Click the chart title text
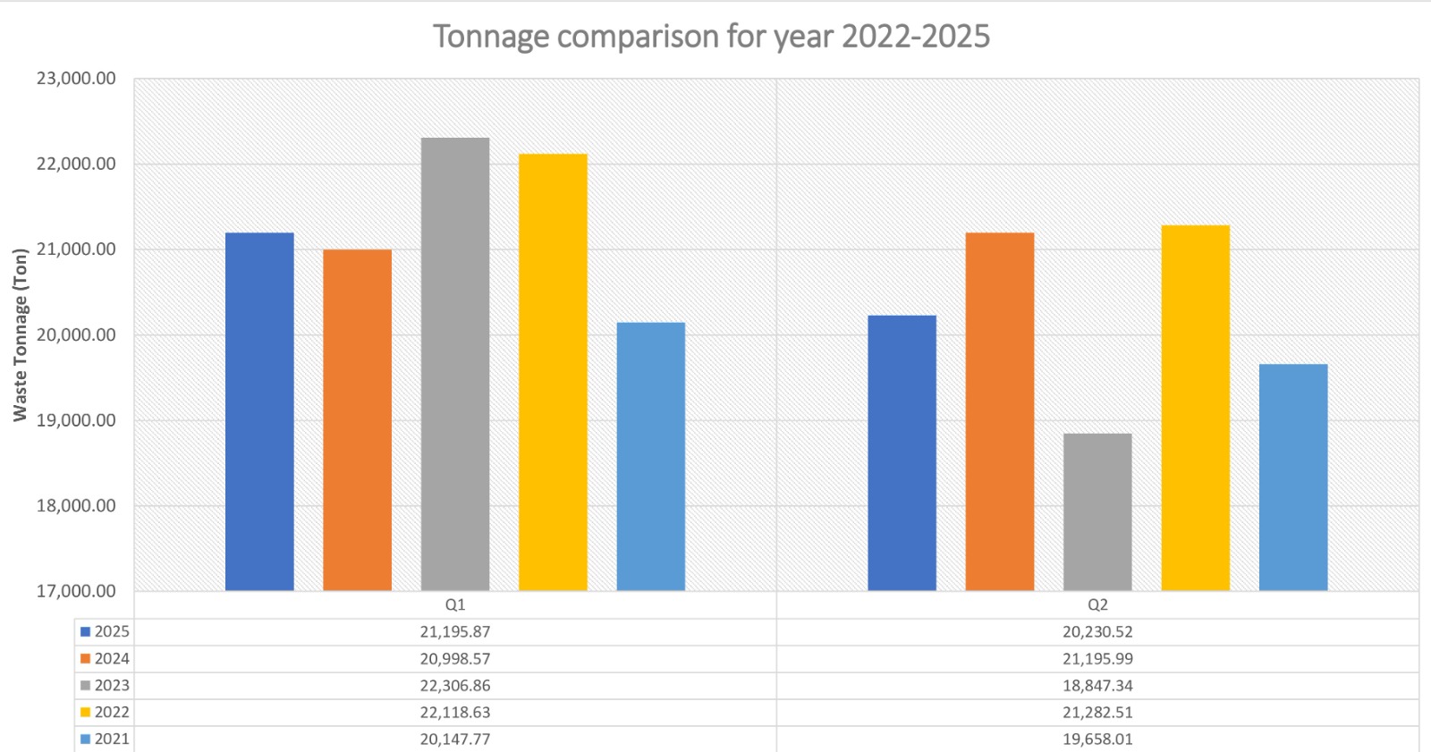coord(711,37)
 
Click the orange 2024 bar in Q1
coord(357,420)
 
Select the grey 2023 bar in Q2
coord(1097,511)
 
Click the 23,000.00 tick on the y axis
coord(76,79)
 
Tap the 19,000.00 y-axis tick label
coord(76,420)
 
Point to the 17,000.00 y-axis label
coord(76,591)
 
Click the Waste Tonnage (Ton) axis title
coord(20,334)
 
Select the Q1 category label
coord(455,605)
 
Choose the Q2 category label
coord(1097,605)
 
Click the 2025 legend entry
coord(106,632)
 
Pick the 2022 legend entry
coord(106,713)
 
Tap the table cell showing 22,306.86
coord(455,686)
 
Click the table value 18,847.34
coord(1097,686)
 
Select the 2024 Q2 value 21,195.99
coord(1097,659)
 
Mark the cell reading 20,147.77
coord(455,739)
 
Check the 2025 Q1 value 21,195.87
coord(455,632)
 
